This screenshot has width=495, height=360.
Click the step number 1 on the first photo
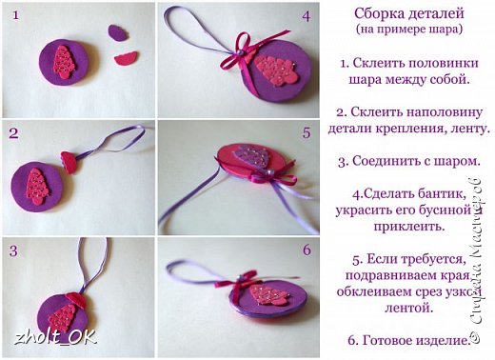[x=16, y=15]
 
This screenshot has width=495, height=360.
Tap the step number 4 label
[x=307, y=16]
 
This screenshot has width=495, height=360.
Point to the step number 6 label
[x=307, y=250]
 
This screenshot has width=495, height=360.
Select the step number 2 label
[x=13, y=133]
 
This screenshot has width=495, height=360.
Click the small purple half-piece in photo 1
[x=118, y=32]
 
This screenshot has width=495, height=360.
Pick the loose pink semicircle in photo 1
[x=126, y=58]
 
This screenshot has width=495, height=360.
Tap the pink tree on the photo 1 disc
[x=65, y=62]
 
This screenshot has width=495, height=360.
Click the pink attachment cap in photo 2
[x=69, y=162]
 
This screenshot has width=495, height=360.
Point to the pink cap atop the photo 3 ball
[x=76, y=299]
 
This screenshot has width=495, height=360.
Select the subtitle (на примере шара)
[x=409, y=30]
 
